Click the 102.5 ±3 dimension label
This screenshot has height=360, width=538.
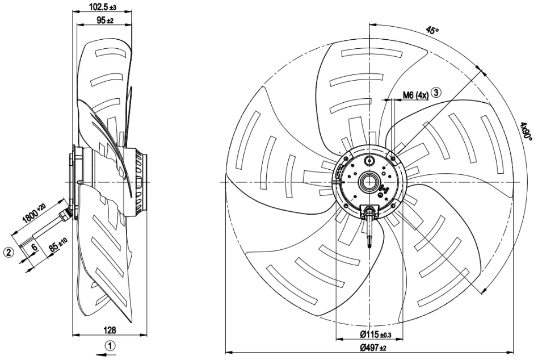[103, 6]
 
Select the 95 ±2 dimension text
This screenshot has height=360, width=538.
[105, 20]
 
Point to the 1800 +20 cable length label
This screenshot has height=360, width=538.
[33, 214]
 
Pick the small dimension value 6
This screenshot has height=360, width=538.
[34, 247]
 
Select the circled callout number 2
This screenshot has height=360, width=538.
[9, 252]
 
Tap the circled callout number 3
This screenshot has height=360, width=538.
[436, 93]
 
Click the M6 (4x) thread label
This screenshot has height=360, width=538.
[415, 95]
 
